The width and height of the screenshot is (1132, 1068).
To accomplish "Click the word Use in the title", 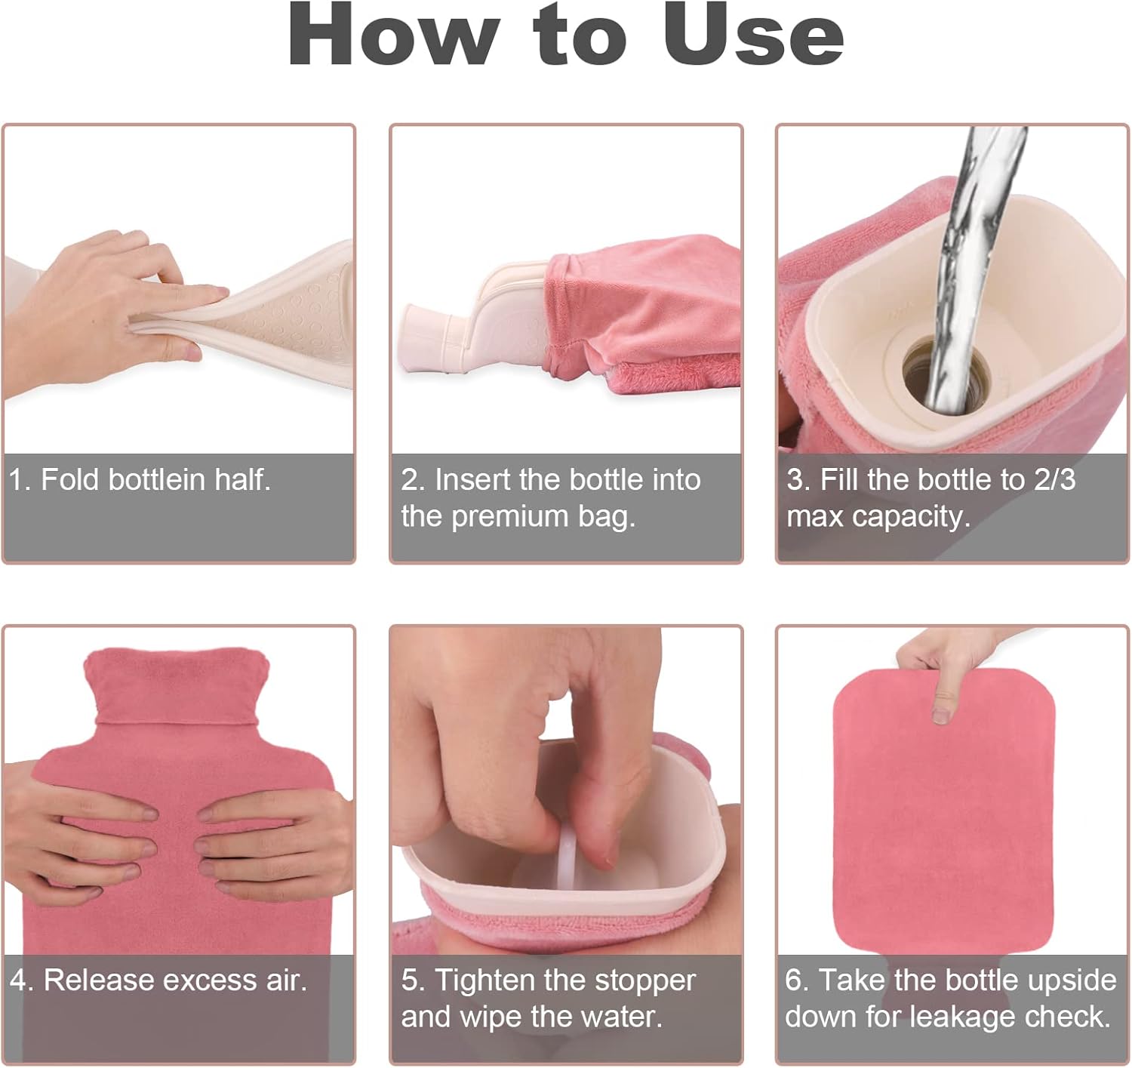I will click(x=752, y=35).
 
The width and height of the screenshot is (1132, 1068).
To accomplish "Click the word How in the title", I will click(x=393, y=35).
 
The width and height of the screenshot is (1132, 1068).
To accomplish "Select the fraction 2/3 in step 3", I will click(x=1054, y=480).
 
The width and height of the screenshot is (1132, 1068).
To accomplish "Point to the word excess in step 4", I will click(x=210, y=980).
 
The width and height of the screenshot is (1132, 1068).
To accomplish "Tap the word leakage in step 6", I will click(x=962, y=1017).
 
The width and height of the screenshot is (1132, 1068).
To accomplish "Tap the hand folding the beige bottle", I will click(x=106, y=302).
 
